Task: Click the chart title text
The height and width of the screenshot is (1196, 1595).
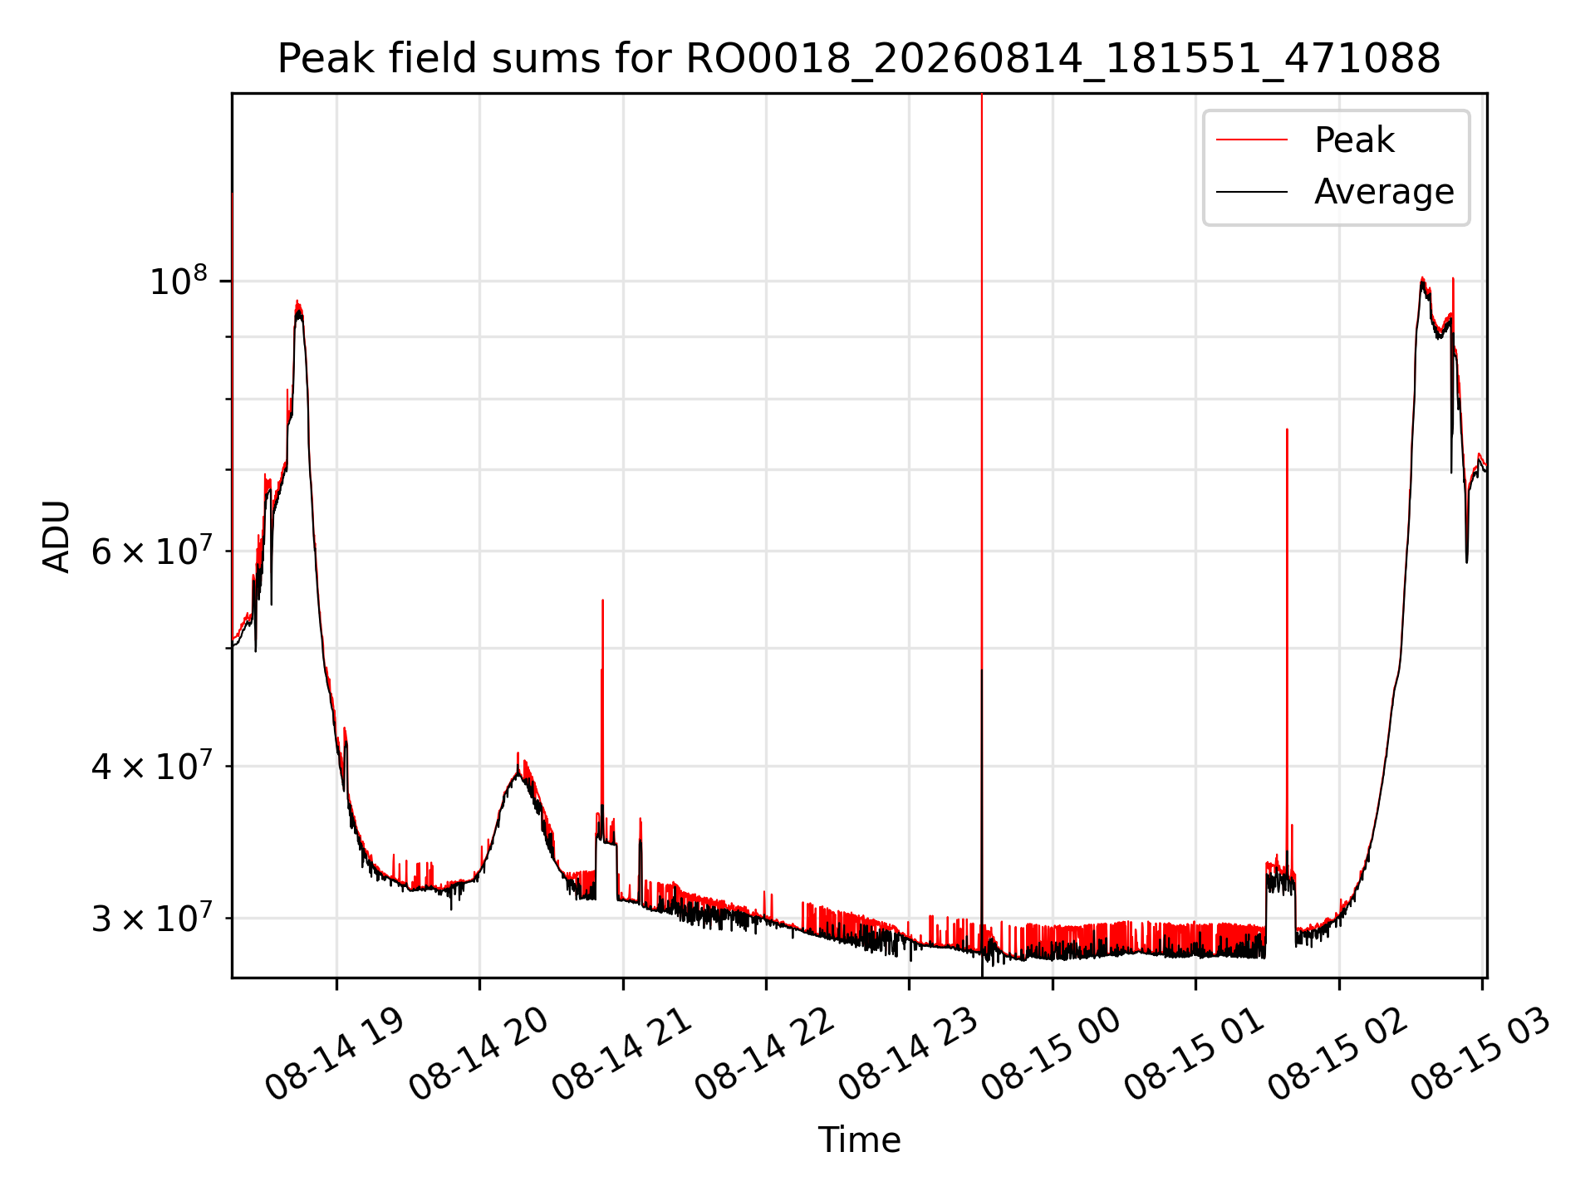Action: point(859,59)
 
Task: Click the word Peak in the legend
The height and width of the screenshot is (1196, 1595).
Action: point(1354,140)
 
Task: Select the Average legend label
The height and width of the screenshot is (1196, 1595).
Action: point(1384,192)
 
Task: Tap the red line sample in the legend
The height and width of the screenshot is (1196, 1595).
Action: point(1252,140)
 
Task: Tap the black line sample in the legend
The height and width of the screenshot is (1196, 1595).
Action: point(1252,192)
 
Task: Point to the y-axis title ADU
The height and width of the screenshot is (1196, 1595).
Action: point(56,536)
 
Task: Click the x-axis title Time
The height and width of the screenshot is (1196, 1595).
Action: point(859,1140)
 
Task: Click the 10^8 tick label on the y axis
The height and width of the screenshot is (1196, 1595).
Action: point(178,281)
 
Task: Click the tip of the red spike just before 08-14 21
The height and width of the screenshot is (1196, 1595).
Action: point(602,600)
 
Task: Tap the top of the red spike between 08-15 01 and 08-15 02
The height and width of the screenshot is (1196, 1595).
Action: point(1287,429)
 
